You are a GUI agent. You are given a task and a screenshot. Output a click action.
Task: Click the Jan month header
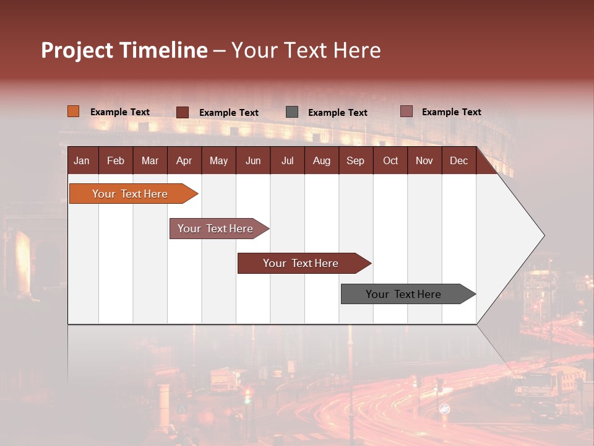(82, 160)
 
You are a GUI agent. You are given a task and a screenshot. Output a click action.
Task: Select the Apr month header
(184, 160)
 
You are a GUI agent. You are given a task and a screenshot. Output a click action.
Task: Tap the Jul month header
(287, 160)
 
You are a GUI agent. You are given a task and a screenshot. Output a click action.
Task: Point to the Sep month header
(355, 160)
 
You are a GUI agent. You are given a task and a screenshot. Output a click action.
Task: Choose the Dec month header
(458, 160)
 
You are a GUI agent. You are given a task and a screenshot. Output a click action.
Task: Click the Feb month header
(116, 160)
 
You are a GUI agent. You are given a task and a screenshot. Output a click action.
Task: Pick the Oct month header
(390, 160)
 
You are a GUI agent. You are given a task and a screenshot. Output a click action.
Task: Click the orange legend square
(73, 111)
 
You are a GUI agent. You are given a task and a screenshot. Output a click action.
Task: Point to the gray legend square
(292, 112)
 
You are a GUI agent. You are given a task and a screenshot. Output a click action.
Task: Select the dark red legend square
(183, 112)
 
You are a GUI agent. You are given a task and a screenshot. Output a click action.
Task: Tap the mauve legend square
(406, 111)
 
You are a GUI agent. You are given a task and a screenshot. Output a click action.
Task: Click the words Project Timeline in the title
(124, 50)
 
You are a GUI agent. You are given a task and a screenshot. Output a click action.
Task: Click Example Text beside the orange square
(120, 112)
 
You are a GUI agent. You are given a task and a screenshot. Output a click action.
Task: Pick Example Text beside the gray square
(338, 113)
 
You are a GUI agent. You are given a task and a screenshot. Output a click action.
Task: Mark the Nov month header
(424, 160)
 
